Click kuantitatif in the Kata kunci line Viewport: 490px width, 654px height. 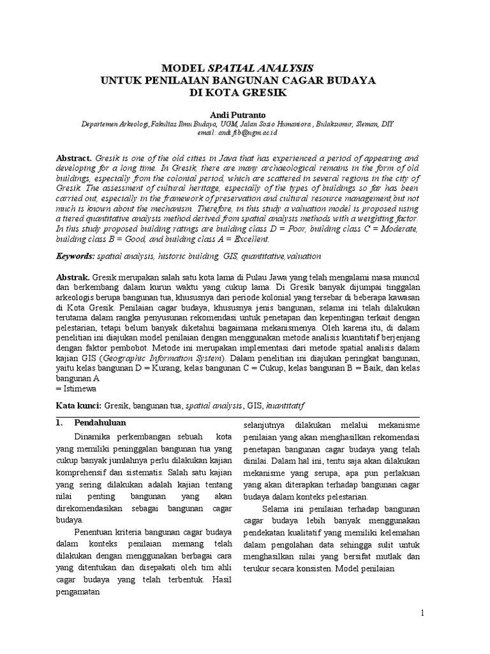(x=285, y=406)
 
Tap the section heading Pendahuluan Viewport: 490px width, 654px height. (x=100, y=423)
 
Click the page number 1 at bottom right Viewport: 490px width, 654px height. (x=422, y=614)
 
